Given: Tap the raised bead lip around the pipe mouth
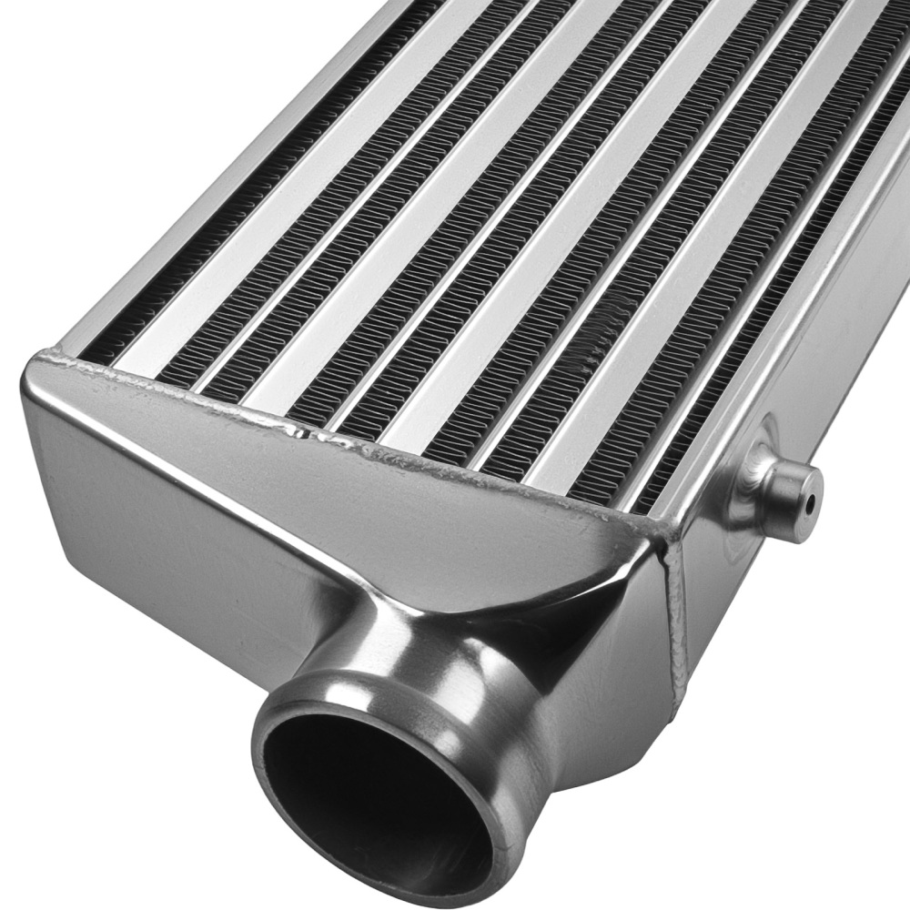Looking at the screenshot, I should [x=273, y=719].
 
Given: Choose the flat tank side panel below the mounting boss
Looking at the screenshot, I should [x=783, y=619].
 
